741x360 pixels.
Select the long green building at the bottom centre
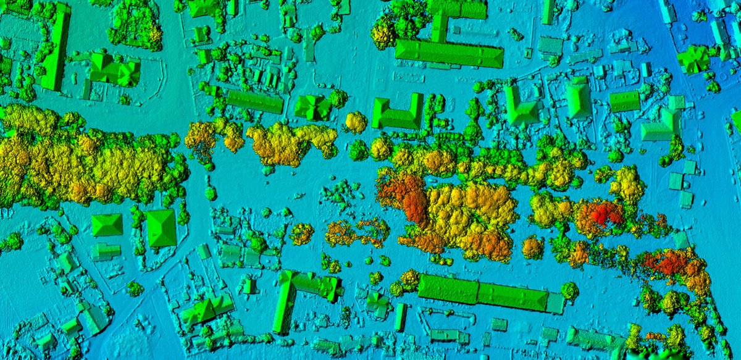pyautogui.click(x=482, y=292)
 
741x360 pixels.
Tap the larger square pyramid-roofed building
pyautogui.click(x=161, y=228)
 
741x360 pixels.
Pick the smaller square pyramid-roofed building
pyautogui.click(x=107, y=225)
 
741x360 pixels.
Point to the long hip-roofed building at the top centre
pyautogui.click(x=449, y=54)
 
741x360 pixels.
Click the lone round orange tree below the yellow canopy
pyautogui.click(x=532, y=248)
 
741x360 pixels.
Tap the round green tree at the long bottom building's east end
pyautogui.click(x=569, y=290)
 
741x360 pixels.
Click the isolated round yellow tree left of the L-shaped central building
pyautogui.click(x=356, y=122)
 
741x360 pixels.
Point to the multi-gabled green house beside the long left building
pyautogui.click(x=113, y=70)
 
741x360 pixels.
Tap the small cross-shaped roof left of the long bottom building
pyautogui.click(x=376, y=302)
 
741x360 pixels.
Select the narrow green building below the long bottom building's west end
pyautogui.click(x=401, y=317)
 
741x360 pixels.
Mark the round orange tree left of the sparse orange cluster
pyautogui.click(x=301, y=233)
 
